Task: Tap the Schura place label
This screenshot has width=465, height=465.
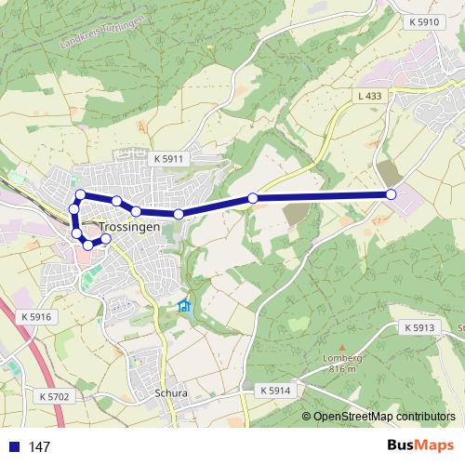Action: coord(171,393)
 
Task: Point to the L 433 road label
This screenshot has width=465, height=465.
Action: coord(369,95)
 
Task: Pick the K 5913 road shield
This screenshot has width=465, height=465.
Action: coord(419,328)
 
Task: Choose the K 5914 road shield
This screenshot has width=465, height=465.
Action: coord(275,390)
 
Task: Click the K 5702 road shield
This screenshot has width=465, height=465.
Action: coord(55,396)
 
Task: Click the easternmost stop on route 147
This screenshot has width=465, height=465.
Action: coord(391,194)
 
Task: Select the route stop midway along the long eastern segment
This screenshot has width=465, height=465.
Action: coord(252,198)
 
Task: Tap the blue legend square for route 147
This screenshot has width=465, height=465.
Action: coord(12,447)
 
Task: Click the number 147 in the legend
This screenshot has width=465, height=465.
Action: coord(40,447)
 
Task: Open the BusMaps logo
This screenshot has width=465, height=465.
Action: coord(420,445)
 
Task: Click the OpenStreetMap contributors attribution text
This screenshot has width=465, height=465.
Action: coord(384,417)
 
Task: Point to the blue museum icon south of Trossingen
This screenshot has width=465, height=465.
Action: coord(184,306)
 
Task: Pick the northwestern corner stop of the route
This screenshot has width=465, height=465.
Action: coord(81,194)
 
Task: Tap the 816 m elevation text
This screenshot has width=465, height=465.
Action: coord(342,369)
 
